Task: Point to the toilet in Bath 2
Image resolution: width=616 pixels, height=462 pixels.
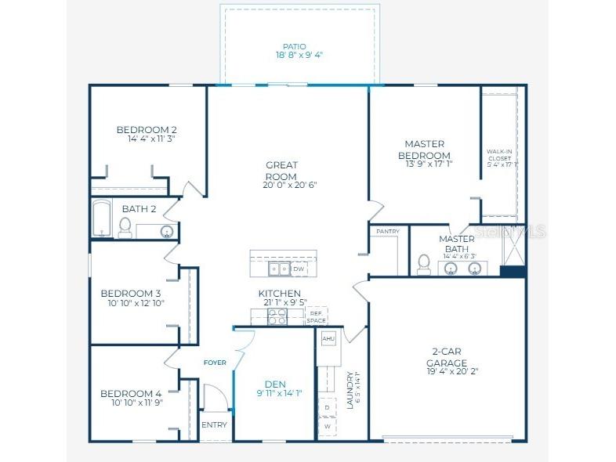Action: (125, 226)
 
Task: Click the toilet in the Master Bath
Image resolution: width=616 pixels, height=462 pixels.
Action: (424, 265)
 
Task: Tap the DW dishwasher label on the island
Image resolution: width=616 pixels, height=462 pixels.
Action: (299, 269)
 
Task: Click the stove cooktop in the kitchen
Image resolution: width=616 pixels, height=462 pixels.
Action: (277, 316)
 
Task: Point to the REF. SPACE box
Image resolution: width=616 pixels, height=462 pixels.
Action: (316, 317)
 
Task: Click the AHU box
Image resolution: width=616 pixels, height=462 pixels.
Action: (328, 338)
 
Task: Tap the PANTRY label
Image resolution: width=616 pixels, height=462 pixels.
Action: (388, 232)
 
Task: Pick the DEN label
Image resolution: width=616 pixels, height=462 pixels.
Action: (275, 384)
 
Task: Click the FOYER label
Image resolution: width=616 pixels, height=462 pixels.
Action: (215, 363)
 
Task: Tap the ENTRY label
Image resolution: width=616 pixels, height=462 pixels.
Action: (214, 425)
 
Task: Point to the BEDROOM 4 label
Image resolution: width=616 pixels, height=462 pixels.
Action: (131, 393)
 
